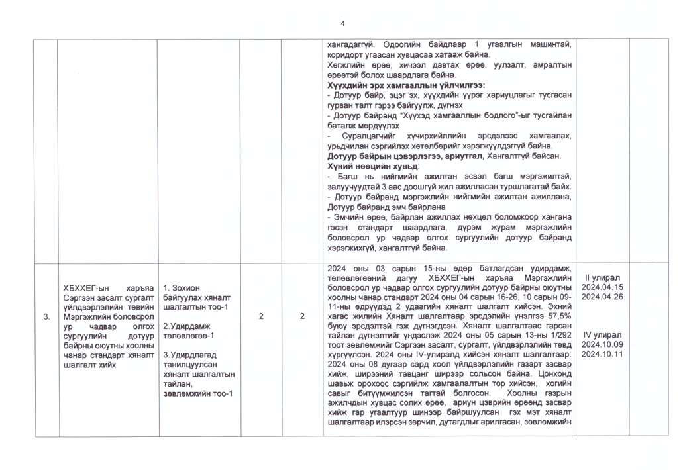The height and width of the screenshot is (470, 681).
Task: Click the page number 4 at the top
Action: (342, 24)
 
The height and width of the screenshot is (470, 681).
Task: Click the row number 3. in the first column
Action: (46, 317)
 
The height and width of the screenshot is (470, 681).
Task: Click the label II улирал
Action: (602, 278)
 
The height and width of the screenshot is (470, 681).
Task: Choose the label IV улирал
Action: (602, 335)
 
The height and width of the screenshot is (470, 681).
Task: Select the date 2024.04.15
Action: (602, 288)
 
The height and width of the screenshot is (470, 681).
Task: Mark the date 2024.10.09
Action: (602, 345)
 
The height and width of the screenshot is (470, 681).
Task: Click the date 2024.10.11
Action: (602, 354)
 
